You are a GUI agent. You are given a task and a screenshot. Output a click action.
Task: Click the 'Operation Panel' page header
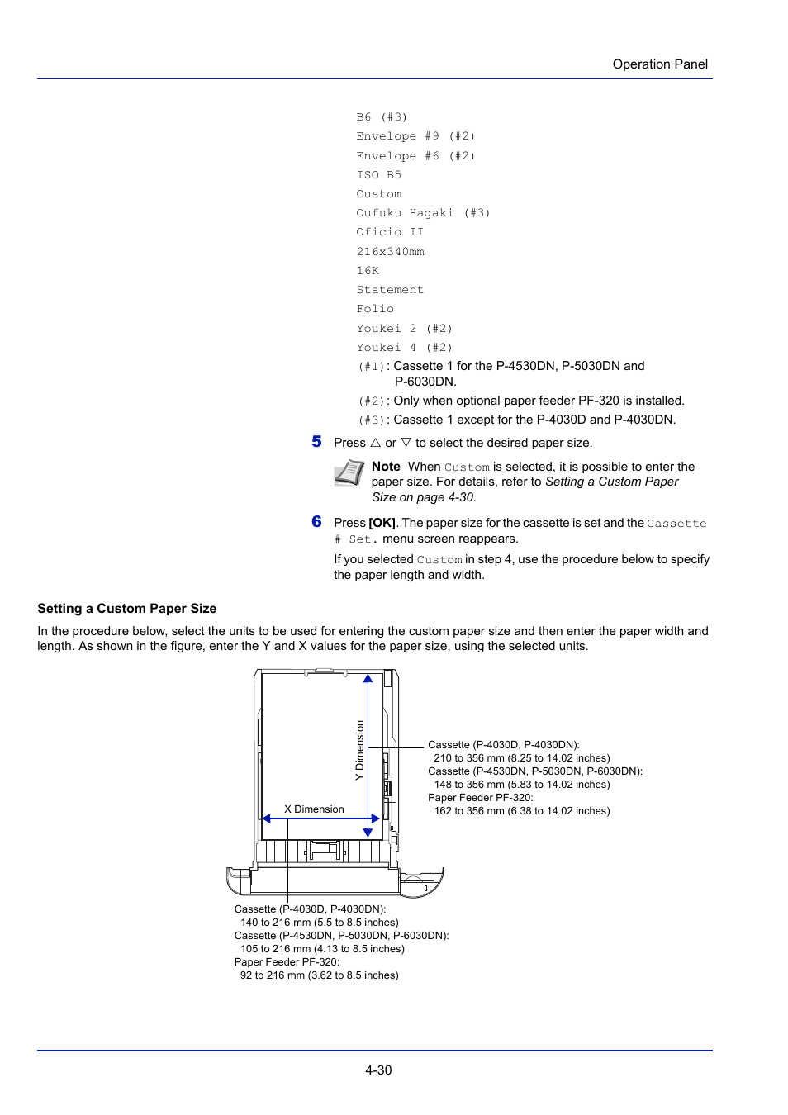[x=660, y=64]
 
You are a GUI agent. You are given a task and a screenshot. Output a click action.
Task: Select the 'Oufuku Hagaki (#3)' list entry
[x=423, y=213]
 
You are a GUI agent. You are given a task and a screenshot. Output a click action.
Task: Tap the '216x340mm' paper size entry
[x=390, y=252]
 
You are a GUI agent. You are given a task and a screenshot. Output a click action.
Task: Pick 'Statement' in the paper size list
[x=390, y=290]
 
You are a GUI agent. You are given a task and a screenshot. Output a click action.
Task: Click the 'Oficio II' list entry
[x=390, y=232]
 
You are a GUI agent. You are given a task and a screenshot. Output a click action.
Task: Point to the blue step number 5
[x=316, y=442]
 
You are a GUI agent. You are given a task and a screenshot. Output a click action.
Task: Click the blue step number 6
[x=316, y=522]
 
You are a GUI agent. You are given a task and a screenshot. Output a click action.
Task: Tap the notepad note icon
[x=349, y=473]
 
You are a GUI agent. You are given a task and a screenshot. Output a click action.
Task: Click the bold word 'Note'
[x=386, y=467]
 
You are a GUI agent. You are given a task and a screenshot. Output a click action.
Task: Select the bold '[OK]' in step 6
[x=382, y=523]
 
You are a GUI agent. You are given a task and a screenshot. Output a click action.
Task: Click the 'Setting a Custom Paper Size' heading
[x=127, y=609]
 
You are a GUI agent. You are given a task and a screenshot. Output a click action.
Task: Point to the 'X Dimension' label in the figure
[x=314, y=809]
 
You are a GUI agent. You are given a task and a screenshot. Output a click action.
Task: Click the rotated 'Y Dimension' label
[x=359, y=750]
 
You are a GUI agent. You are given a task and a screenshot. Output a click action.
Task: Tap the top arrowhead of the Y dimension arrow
[x=368, y=679]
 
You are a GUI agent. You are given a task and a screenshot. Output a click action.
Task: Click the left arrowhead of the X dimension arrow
[x=267, y=818]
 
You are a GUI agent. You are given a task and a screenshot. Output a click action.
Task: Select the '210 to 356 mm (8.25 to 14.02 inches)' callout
[x=522, y=758]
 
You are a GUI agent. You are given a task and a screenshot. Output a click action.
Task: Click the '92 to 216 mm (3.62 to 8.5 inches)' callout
[x=319, y=975]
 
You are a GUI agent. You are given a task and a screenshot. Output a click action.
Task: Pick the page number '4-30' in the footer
[x=378, y=1070]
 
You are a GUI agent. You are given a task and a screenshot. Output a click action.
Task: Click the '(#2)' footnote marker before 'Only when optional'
[x=371, y=401]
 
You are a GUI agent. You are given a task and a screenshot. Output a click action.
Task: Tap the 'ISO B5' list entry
[x=378, y=175]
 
